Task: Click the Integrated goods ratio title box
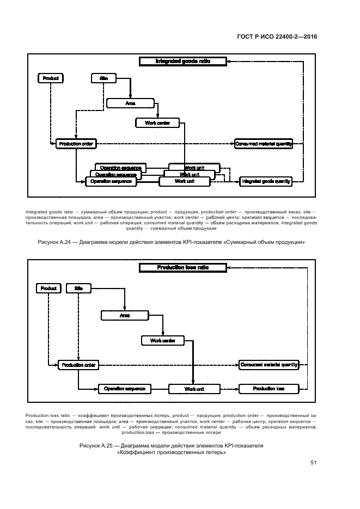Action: [182, 62]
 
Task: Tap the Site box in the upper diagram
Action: [104, 78]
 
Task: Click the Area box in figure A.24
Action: [130, 102]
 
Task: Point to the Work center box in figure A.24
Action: [157, 123]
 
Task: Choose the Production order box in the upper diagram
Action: [76, 144]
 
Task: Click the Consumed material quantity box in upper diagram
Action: [264, 144]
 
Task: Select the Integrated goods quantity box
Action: [266, 181]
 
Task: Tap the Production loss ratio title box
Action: [182, 267]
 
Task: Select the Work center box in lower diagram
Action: [163, 341]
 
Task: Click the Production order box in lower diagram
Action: [78, 365]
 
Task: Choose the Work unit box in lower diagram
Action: [193, 389]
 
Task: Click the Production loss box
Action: [269, 389]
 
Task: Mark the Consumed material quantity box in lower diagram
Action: [269, 365]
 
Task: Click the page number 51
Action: [314, 463]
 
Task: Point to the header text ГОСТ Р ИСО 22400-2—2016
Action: [278, 37]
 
